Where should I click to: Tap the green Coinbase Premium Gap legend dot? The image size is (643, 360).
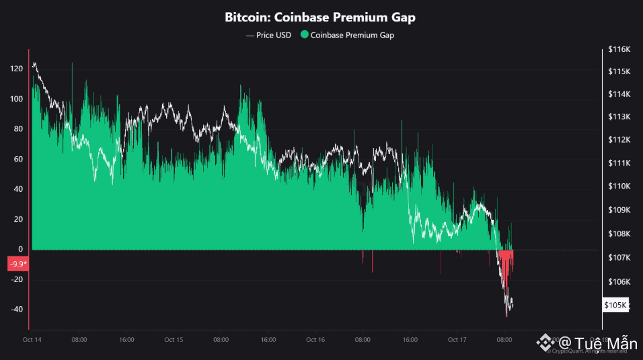pyautogui.click(x=305, y=35)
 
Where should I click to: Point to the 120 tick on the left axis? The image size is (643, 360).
pyautogui.click(x=17, y=69)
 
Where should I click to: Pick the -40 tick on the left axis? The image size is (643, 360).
pyautogui.click(x=17, y=310)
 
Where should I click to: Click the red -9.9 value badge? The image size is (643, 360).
pyautogui.click(x=17, y=264)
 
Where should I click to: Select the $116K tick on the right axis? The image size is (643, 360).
pyautogui.click(x=617, y=50)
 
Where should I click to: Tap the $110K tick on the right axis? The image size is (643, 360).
pyautogui.click(x=617, y=186)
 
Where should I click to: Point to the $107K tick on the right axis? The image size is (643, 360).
pyautogui.click(x=617, y=258)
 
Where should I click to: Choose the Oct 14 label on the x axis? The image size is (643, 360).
pyautogui.click(x=32, y=340)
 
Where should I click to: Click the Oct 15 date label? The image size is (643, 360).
pyautogui.click(x=174, y=340)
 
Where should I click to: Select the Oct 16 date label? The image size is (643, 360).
pyautogui.click(x=315, y=340)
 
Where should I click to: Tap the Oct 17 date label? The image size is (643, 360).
pyautogui.click(x=457, y=340)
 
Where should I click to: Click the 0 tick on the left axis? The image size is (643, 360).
pyautogui.click(x=21, y=249)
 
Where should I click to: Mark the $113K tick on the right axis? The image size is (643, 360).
pyautogui.click(x=617, y=117)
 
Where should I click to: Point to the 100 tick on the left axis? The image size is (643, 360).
pyautogui.click(x=17, y=99)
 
